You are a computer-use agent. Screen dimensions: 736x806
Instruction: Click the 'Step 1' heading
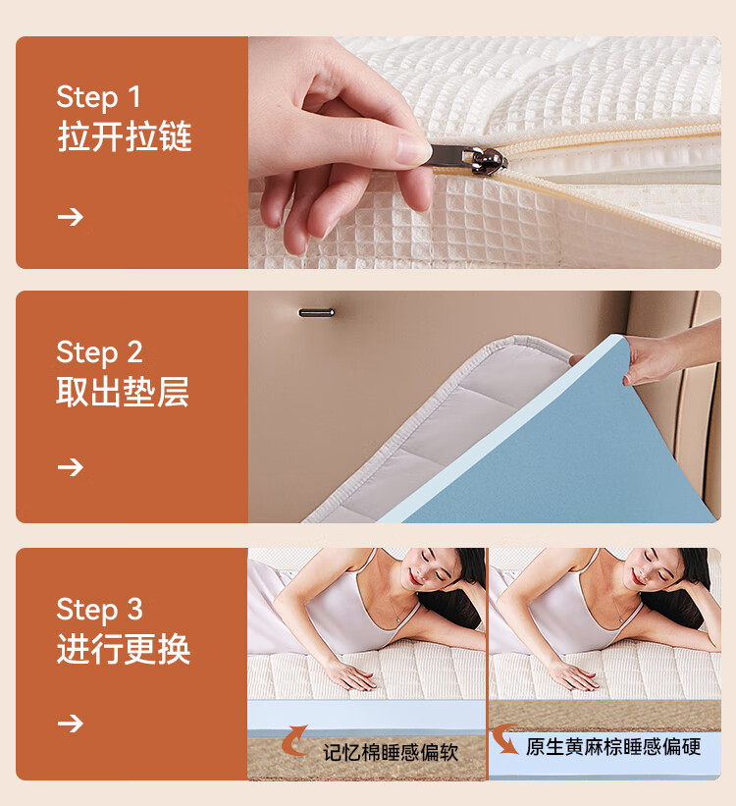click(98, 96)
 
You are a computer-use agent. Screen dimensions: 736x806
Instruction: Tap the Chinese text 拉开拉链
click(125, 136)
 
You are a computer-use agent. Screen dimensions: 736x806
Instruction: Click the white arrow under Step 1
click(71, 217)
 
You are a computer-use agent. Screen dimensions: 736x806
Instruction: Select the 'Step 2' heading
click(99, 352)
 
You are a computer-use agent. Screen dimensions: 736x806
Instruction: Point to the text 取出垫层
click(123, 392)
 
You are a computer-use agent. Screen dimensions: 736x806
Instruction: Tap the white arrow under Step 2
click(71, 467)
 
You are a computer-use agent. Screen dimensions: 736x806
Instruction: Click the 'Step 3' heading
click(99, 610)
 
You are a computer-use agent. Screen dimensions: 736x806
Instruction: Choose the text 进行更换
click(124, 649)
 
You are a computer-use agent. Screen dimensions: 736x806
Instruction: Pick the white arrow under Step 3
click(71, 724)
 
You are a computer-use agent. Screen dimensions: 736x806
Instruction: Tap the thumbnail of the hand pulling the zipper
click(485, 152)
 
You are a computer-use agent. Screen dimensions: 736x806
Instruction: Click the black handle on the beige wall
click(316, 312)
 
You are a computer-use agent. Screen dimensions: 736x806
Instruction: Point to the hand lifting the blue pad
click(668, 354)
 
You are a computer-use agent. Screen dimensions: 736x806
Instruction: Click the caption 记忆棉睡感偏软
click(391, 753)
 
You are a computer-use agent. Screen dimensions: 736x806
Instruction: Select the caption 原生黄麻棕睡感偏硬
click(613, 747)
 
